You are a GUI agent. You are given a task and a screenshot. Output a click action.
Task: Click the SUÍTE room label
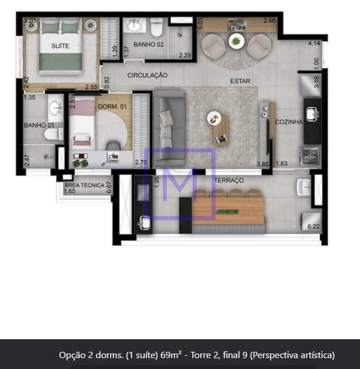coord(60,46)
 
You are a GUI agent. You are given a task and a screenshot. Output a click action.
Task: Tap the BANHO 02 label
coord(148,45)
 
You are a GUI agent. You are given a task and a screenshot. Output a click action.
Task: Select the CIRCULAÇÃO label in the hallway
coord(147,75)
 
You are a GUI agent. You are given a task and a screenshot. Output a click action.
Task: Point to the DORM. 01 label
coord(112,107)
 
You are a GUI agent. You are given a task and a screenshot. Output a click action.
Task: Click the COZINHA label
coord(289,122)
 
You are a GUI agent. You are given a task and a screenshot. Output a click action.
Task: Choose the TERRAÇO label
coord(229,180)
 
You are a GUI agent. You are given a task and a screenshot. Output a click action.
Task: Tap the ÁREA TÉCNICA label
coord(84,185)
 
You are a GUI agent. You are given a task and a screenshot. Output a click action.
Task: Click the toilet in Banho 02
coord(156,27)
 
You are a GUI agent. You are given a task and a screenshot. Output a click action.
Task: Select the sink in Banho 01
coord(56,108)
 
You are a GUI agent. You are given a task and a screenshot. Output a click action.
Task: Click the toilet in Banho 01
coord(54,134)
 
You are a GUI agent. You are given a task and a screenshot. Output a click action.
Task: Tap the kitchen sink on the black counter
coord(312,115)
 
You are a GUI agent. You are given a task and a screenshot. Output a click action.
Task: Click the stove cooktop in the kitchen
coord(310,156)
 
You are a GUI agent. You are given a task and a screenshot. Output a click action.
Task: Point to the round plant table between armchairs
coord(236,41)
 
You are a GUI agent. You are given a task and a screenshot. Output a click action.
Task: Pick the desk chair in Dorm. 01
coord(114,146)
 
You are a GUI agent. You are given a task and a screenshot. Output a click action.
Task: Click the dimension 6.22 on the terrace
coord(314,227)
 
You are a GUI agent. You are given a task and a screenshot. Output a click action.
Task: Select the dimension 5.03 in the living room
coord(201,24)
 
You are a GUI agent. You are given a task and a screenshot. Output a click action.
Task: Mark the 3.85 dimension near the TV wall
coord(263,164)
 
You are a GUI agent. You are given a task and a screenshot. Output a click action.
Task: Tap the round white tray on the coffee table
coord(214,118)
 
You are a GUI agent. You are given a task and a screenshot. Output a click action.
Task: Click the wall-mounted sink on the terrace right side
coord(303,187)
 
